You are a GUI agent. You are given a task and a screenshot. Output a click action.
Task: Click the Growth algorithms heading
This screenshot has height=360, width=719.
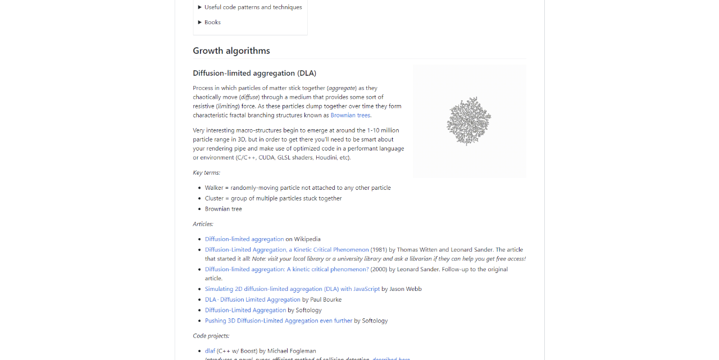pos(231,51)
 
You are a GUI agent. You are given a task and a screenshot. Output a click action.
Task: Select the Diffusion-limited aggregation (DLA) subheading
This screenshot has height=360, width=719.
pos(254,73)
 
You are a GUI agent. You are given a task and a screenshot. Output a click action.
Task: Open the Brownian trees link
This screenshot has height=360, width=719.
pos(350,115)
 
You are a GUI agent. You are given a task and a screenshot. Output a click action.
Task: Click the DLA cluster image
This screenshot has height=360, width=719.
pos(469,121)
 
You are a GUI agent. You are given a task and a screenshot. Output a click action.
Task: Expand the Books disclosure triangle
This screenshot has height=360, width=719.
pos(200,22)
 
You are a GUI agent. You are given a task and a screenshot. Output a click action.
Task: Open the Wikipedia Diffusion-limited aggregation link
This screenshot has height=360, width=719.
pos(244,239)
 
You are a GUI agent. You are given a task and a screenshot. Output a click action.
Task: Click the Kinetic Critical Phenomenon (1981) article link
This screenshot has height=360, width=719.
pos(286,250)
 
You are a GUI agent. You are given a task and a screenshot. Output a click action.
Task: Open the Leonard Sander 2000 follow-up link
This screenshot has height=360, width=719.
pos(286,270)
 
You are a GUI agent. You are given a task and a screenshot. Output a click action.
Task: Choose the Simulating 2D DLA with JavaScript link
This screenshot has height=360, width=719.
pos(292,289)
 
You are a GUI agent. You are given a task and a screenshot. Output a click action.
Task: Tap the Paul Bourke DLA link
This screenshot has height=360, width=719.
pos(252,300)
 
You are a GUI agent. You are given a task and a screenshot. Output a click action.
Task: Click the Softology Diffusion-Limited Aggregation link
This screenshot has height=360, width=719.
pos(245,310)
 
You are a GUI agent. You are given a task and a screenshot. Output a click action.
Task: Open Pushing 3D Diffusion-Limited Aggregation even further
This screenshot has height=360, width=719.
pos(278,321)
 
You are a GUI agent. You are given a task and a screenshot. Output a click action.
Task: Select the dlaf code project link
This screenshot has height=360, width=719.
pos(210,351)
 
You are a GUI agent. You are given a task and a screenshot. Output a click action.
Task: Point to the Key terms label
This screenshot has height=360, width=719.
pos(206,172)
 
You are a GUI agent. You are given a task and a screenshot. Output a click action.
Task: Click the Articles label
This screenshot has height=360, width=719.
pos(203,224)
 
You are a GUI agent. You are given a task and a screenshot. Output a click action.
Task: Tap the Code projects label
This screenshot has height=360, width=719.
pos(211,336)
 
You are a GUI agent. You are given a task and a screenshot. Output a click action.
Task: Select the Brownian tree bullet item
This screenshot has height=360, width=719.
pos(223,209)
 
